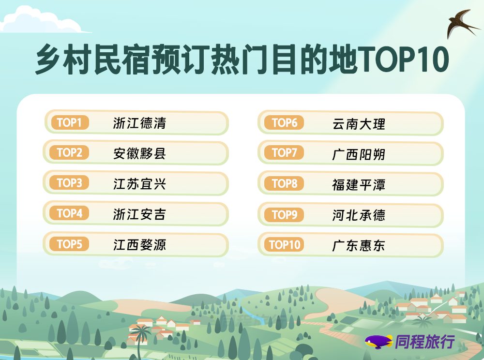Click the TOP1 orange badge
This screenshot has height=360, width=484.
pos(69,122)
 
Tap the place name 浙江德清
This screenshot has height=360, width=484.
pos(139,123)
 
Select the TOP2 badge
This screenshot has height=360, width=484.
pos(69,152)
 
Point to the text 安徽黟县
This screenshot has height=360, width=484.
pos(139,153)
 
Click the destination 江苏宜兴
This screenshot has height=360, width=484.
pos(139,184)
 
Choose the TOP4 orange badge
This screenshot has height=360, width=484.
pos(69,213)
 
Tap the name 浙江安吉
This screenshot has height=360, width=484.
pos(139,214)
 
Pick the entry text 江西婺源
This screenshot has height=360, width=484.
pos(139,245)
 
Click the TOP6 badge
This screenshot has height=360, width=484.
pos(284,123)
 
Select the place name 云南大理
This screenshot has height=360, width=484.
pos(359,124)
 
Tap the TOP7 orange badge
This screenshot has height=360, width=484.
pos(284,152)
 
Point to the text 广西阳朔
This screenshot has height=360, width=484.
pos(359,154)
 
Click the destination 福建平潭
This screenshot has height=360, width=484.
pos(359,185)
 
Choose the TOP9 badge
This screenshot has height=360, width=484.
pos(284,214)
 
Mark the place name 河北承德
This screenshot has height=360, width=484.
pos(359,215)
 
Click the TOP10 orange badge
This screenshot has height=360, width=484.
pos(284,245)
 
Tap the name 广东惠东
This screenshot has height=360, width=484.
pos(359,245)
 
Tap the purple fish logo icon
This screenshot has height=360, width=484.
pos(378,342)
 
